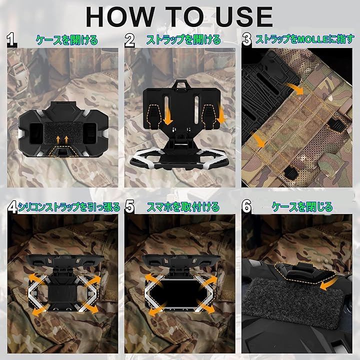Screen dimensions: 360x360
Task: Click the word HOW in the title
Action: [x=120, y=17]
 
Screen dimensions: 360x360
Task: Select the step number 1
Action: [x=11, y=40]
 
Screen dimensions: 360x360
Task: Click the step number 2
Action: [x=129, y=40]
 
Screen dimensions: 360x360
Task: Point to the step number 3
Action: [x=247, y=40]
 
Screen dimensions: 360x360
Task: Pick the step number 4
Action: [x=12, y=207]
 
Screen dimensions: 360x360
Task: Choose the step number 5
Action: [x=129, y=206]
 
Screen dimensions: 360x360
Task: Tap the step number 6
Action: [x=247, y=206]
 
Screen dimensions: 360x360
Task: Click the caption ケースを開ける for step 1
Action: [x=67, y=40]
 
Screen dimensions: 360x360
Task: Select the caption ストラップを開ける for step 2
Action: [x=183, y=40]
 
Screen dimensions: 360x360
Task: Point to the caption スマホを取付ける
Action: [x=183, y=207]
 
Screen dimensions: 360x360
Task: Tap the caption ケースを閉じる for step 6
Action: [x=302, y=207]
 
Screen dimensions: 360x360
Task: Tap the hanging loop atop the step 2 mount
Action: [x=180, y=84]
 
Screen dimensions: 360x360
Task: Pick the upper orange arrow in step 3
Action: [x=294, y=88]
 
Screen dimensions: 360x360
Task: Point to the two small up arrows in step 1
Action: [x=62, y=139]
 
